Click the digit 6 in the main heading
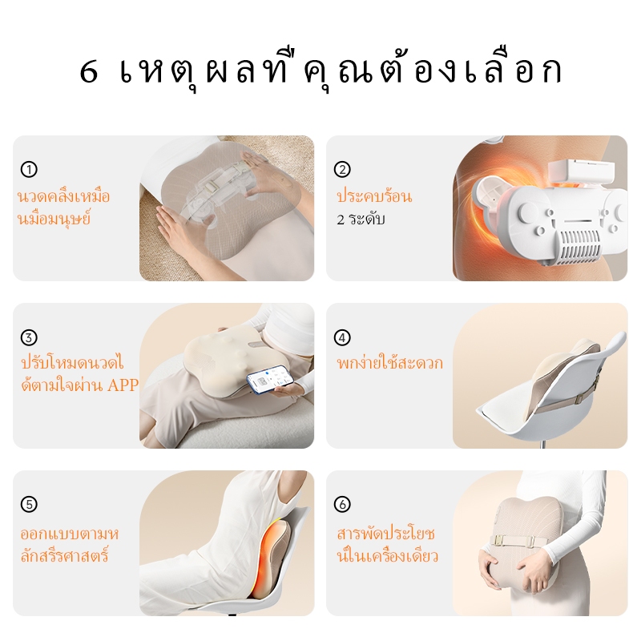click(x=89, y=72)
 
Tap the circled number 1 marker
click(x=29, y=169)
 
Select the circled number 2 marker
click(x=342, y=169)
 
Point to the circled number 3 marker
click(x=29, y=337)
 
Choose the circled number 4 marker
click(x=342, y=337)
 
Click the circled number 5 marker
click(x=29, y=504)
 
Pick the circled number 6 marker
click(x=342, y=504)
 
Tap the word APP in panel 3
click(x=123, y=385)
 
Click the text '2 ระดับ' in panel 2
click(x=361, y=219)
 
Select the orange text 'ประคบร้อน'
click(x=374, y=196)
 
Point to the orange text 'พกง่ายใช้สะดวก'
click(x=389, y=362)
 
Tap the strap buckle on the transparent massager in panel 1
click(x=212, y=188)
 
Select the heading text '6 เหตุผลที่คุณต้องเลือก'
click(x=320, y=72)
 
